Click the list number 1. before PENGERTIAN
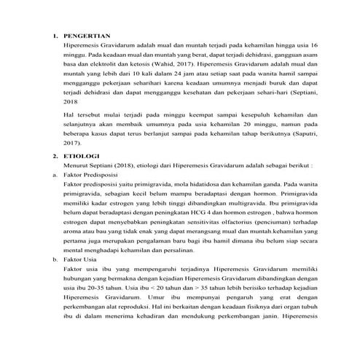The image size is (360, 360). click(x=55, y=35)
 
